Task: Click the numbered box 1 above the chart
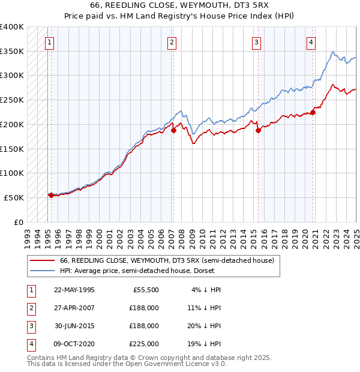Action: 48,42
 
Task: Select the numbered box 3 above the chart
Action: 256,42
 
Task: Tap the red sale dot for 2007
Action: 173,130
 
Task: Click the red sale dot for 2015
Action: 258,130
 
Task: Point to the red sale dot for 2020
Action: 313,112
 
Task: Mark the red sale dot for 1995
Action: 51,195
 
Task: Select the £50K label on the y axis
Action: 14,197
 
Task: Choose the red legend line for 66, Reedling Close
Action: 42,260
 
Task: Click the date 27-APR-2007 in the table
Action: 74,308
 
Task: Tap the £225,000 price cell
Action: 144,344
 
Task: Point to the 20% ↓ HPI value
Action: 204,326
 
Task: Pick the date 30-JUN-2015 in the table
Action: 74,326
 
